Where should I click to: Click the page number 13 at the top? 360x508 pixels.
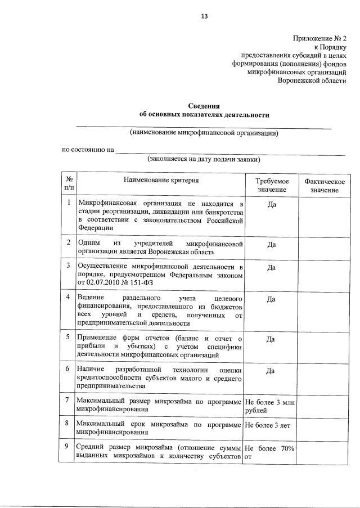(205, 16)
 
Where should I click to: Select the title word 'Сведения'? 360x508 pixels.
(204, 106)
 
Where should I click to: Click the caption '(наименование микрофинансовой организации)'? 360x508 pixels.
(204, 133)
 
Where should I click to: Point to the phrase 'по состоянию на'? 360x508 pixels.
(88, 150)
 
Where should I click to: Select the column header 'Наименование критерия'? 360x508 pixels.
(159, 180)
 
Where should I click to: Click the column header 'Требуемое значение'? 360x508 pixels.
(272, 185)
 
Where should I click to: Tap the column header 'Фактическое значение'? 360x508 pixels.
(324, 185)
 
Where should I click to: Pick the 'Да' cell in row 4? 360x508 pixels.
(271, 299)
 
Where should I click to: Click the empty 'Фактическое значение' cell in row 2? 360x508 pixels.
(324, 248)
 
